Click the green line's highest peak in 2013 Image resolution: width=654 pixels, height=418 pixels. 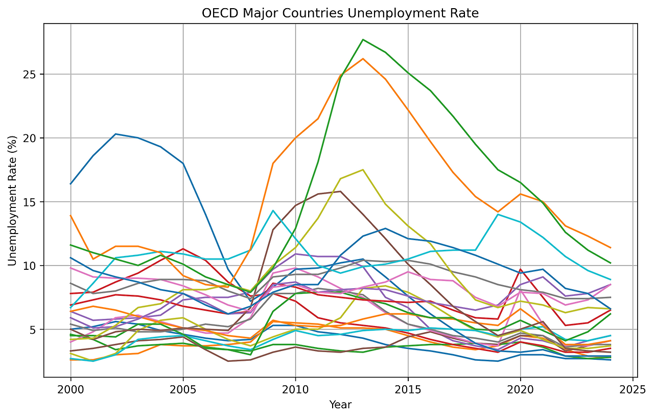(363, 39)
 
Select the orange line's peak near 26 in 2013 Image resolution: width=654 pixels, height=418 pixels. (363, 59)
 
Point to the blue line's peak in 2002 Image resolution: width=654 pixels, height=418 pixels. (115, 134)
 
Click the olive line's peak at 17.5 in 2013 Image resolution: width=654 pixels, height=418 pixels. (363, 170)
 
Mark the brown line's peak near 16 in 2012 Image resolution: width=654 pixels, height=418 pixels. (340, 191)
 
